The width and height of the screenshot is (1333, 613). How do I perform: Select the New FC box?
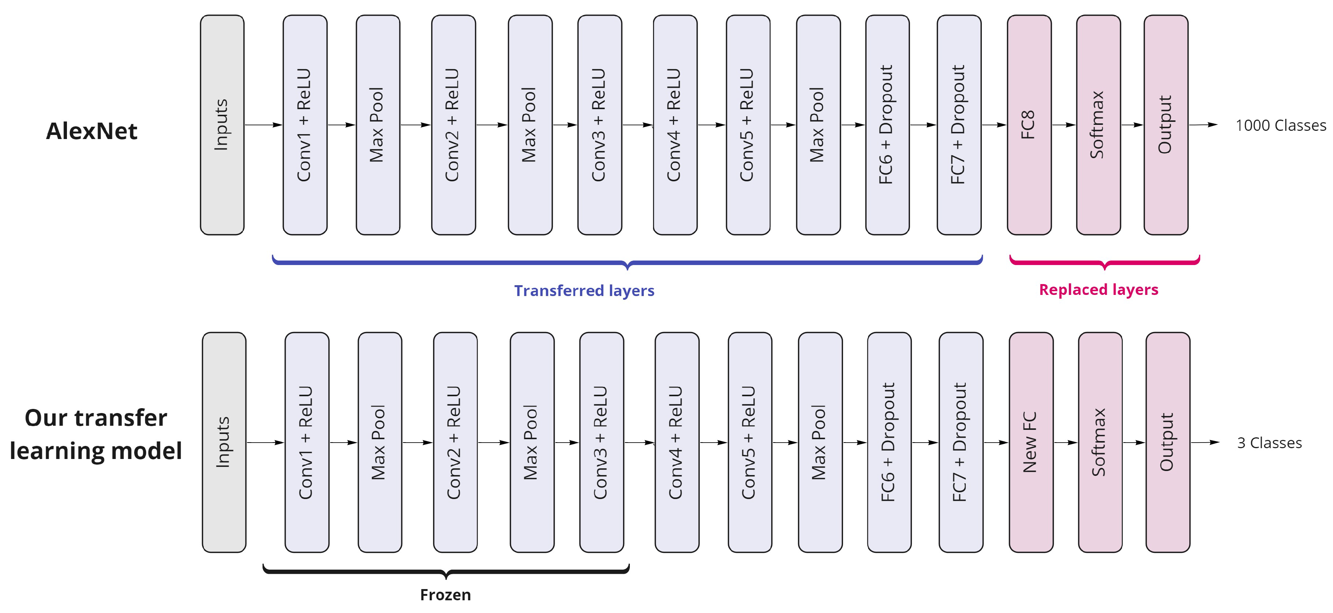pyautogui.click(x=1031, y=442)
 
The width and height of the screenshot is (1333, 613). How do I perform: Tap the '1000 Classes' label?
pyautogui.click(x=1281, y=126)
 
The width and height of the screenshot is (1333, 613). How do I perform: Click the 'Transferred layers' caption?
pyautogui.click(x=584, y=291)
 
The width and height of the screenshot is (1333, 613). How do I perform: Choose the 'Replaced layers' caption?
pyautogui.click(x=1098, y=290)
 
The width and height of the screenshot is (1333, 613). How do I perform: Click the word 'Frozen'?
pyautogui.click(x=445, y=595)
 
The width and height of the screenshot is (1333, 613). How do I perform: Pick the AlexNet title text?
pyautogui.click(x=92, y=131)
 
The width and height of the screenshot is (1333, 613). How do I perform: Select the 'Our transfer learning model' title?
pyautogui.click(x=96, y=434)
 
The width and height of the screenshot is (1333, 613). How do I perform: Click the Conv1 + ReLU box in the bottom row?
pyautogui.click(x=307, y=442)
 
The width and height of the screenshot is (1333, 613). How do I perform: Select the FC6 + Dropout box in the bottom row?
pyautogui.click(x=889, y=442)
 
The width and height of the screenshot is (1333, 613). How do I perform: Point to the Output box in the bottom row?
pyautogui.click(x=1167, y=442)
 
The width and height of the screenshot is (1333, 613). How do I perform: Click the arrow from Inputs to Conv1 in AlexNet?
pyautogui.click(x=263, y=125)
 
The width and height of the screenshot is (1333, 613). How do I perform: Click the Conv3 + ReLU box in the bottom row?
pyautogui.click(x=601, y=442)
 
